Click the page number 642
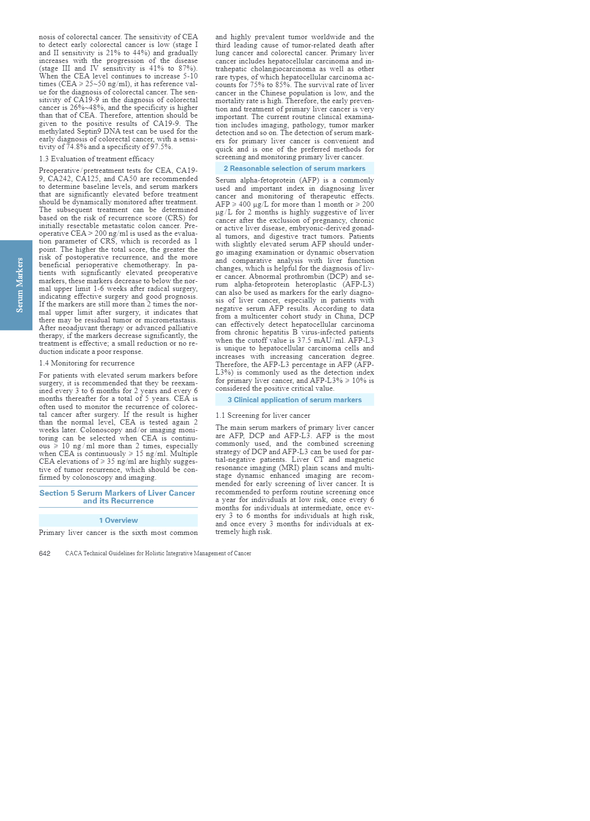coord(45,553)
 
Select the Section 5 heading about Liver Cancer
coord(118,497)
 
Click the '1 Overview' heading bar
coord(118,520)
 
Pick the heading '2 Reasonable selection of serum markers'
coord(295,168)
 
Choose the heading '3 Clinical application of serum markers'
coord(295,400)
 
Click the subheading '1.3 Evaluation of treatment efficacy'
coord(96,159)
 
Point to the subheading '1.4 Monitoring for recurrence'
coord(87,363)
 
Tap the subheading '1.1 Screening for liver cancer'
coord(263,415)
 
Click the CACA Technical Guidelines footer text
coord(158,553)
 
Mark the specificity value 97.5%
coord(161,147)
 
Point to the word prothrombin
coord(303,276)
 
